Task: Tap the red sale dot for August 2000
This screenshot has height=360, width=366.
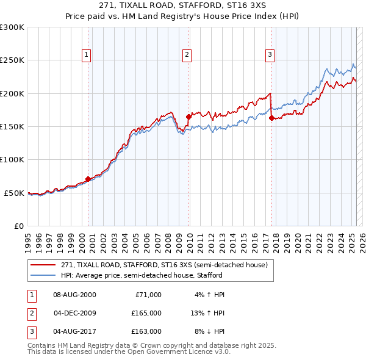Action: pos(88,179)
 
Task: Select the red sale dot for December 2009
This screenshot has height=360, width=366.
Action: pos(188,116)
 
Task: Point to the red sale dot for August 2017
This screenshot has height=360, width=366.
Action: pos(271,118)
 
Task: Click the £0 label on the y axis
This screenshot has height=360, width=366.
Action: pos(17,226)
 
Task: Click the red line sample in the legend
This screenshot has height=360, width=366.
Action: pos(44,265)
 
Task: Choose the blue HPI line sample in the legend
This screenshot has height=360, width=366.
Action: pos(44,275)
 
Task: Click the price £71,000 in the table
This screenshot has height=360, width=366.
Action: pos(147,295)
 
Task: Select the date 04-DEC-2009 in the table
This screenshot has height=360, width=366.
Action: pos(75,313)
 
